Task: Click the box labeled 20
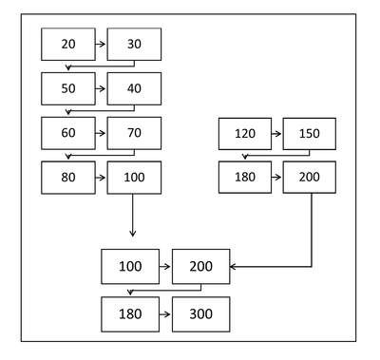68,44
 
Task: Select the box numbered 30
134,44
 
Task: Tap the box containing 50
68,88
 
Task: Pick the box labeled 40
134,88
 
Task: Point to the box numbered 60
68,133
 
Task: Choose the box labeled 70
134,133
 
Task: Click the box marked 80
68,178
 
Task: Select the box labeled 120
245,134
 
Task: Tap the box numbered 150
310,134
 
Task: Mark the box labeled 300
201,314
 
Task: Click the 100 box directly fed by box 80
134,178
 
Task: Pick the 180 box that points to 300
130,314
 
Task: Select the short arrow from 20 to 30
101,44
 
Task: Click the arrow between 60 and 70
101,133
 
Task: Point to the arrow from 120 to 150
276,134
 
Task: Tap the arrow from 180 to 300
165,314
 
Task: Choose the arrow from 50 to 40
101,88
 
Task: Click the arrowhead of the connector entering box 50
68,67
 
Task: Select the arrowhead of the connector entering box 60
68,112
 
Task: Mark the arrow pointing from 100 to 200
165,267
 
